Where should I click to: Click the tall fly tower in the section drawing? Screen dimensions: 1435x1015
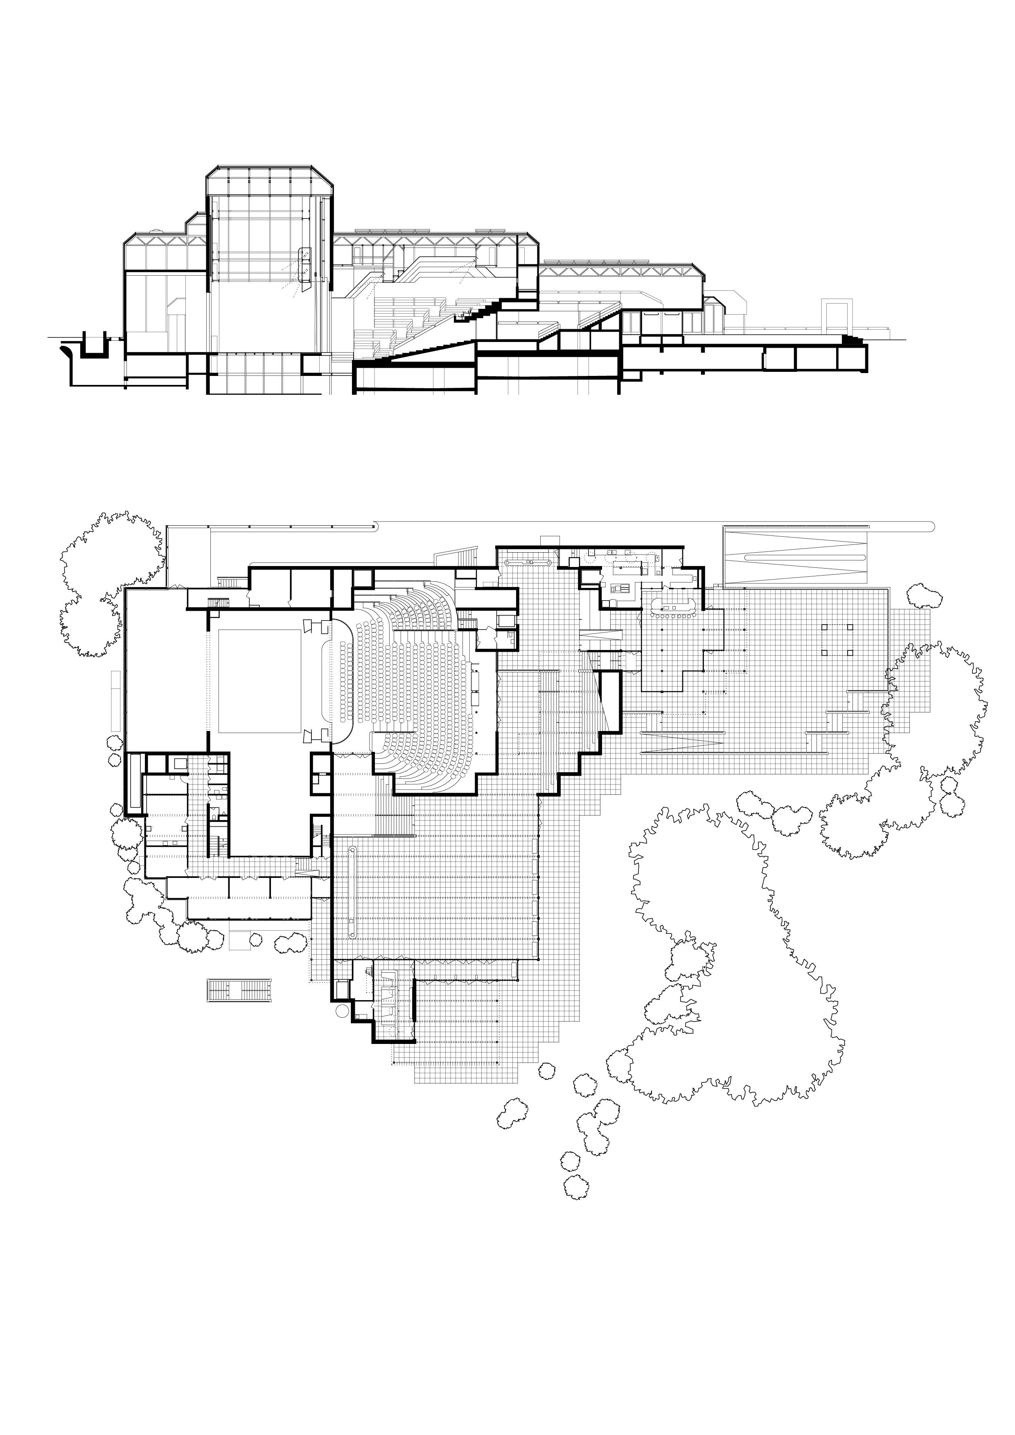(x=269, y=250)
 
